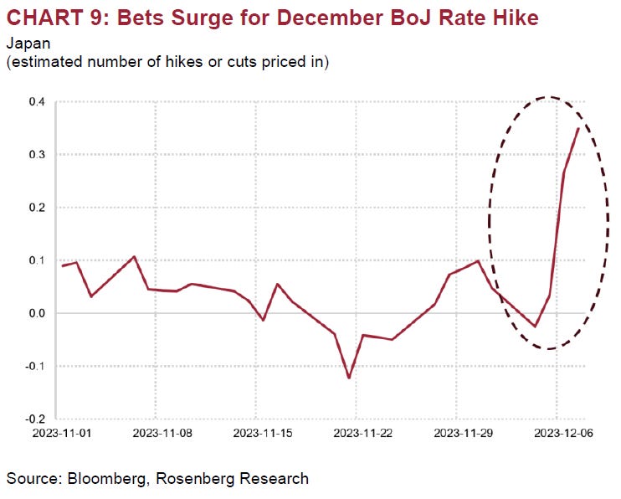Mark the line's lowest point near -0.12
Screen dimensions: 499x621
pyautogui.click(x=349, y=378)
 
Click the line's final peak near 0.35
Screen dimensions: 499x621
pyautogui.click(x=577, y=128)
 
